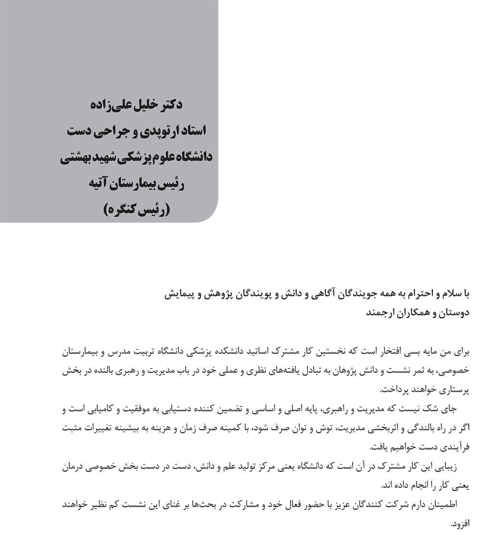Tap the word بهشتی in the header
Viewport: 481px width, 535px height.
(78, 158)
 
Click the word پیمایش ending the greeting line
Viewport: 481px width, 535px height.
(180, 294)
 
